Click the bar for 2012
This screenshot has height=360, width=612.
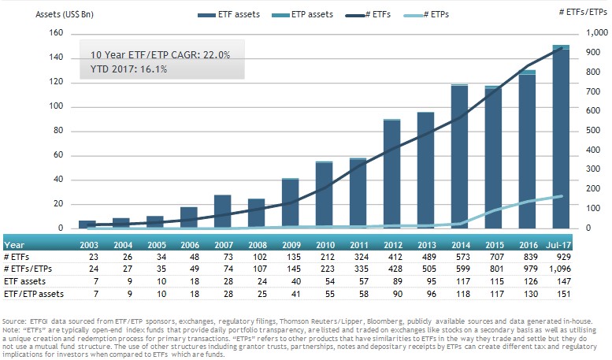click(x=391, y=174)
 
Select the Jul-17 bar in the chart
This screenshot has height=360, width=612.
click(x=560, y=138)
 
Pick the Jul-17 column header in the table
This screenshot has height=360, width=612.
click(x=560, y=244)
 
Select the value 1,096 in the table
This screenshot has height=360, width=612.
click(x=560, y=268)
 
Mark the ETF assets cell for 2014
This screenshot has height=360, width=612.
click(x=458, y=280)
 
